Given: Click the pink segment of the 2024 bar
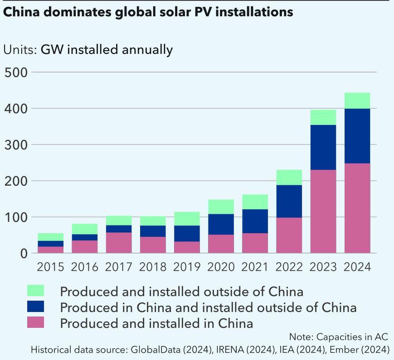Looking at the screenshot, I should (x=357, y=208).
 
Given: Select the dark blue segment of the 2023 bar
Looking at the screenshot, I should (x=323, y=147).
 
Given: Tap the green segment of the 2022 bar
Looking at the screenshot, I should (x=289, y=177).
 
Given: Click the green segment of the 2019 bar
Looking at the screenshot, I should (x=187, y=218).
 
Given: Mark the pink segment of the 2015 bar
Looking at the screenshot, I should (x=51, y=250).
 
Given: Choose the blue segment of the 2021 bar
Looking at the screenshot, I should (x=255, y=221).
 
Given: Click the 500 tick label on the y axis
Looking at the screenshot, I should (x=16, y=72).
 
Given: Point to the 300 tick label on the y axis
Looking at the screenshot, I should (x=16, y=145).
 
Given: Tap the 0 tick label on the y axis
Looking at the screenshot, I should (x=23, y=254).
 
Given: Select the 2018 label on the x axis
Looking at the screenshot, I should (x=153, y=267).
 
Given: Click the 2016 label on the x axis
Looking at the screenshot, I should (x=85, y=267).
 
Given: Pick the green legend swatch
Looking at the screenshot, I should (x=36, y=291).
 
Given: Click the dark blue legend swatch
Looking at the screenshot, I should (x=36, y=307).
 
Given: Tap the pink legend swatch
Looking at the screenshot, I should (x=36, y=323).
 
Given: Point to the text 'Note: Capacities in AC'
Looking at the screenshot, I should (x=339, y=337).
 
